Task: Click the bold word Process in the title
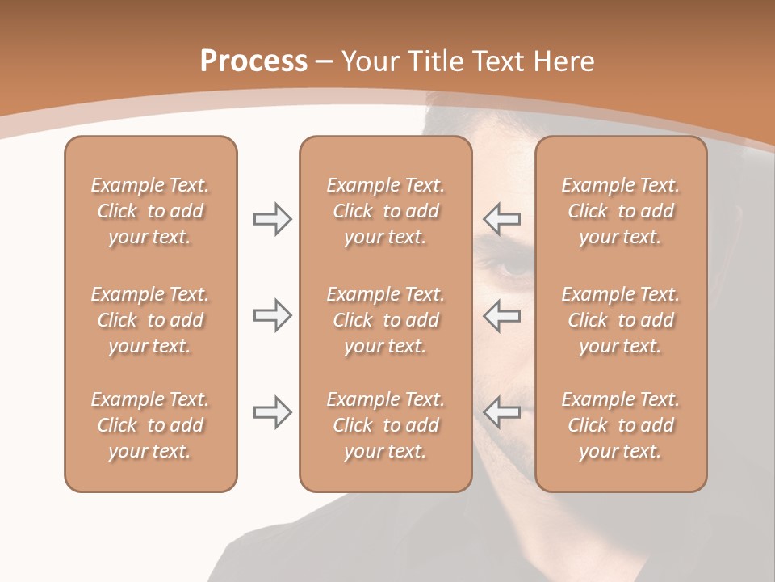tap(253, 61)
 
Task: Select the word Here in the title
tap(564, 61)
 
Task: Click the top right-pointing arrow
tap(272, 218)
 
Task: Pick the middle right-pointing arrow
tap(272, 315)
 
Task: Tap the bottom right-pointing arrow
tap(272, 412)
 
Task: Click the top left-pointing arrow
tap(501, 218)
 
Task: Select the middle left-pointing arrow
tap(501, 315)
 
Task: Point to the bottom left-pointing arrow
tap(501, 412)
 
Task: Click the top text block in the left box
tap(150, 211)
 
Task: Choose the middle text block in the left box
tap(150, 320)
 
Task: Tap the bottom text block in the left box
tap(150, 425)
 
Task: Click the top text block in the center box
tap(385, 211)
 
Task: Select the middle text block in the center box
tap(385, 320)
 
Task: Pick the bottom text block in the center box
tap(385, 425)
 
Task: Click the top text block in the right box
tap(621, 211)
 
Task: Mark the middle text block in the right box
tap(621, 320)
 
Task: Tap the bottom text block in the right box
tap(621, 425)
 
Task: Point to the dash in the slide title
tap(325, 62)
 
